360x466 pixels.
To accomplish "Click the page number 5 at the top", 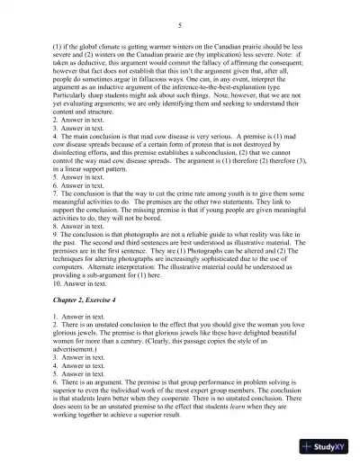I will (180, 26).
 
